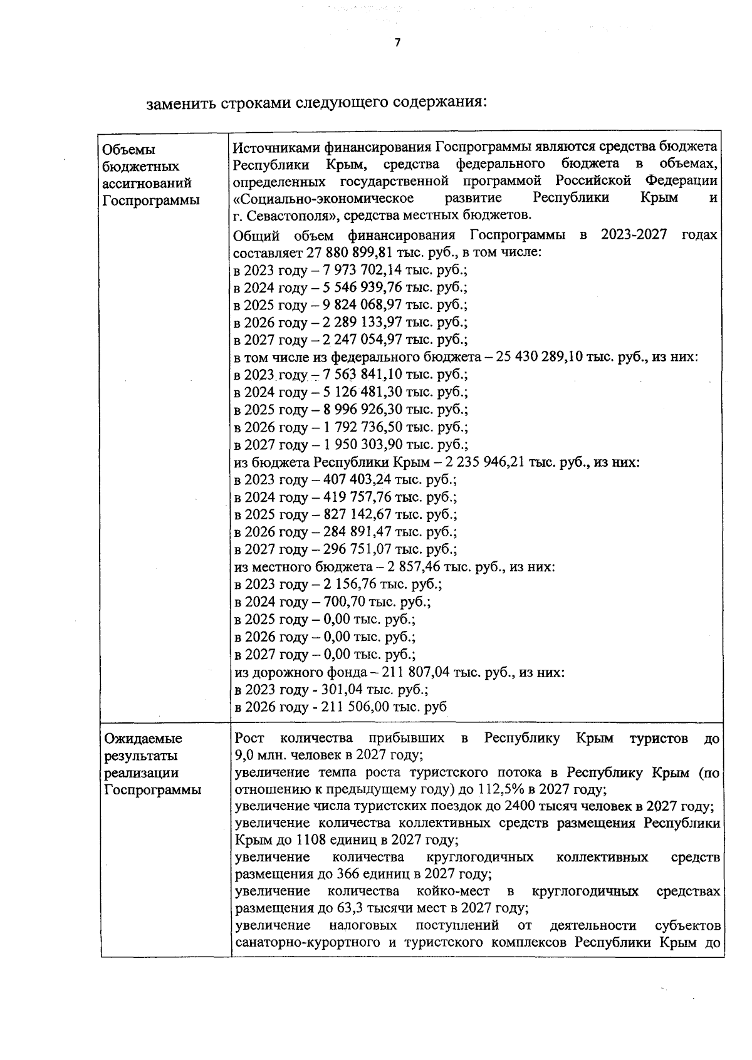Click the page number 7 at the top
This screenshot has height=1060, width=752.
click(x=396, y=43)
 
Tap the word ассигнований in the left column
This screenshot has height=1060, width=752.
click(x=147, y=184)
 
